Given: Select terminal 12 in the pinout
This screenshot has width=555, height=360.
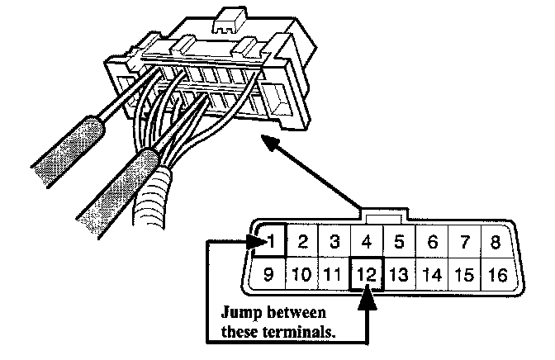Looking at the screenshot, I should (369, 273).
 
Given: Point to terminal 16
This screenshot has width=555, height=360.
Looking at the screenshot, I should (496, 273).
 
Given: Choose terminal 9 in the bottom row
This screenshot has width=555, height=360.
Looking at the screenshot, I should (269, 273).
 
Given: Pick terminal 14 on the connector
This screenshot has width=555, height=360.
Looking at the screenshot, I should (431, 273).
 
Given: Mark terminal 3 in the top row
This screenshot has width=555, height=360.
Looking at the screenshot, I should (334, 242).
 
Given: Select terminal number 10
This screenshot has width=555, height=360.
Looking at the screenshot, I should (302, 273).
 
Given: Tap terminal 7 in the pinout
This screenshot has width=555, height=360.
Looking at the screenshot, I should (464, 242).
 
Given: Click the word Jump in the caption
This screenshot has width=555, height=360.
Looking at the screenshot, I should (239, 314).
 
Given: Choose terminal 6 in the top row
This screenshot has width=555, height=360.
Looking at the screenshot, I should (431, 242).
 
